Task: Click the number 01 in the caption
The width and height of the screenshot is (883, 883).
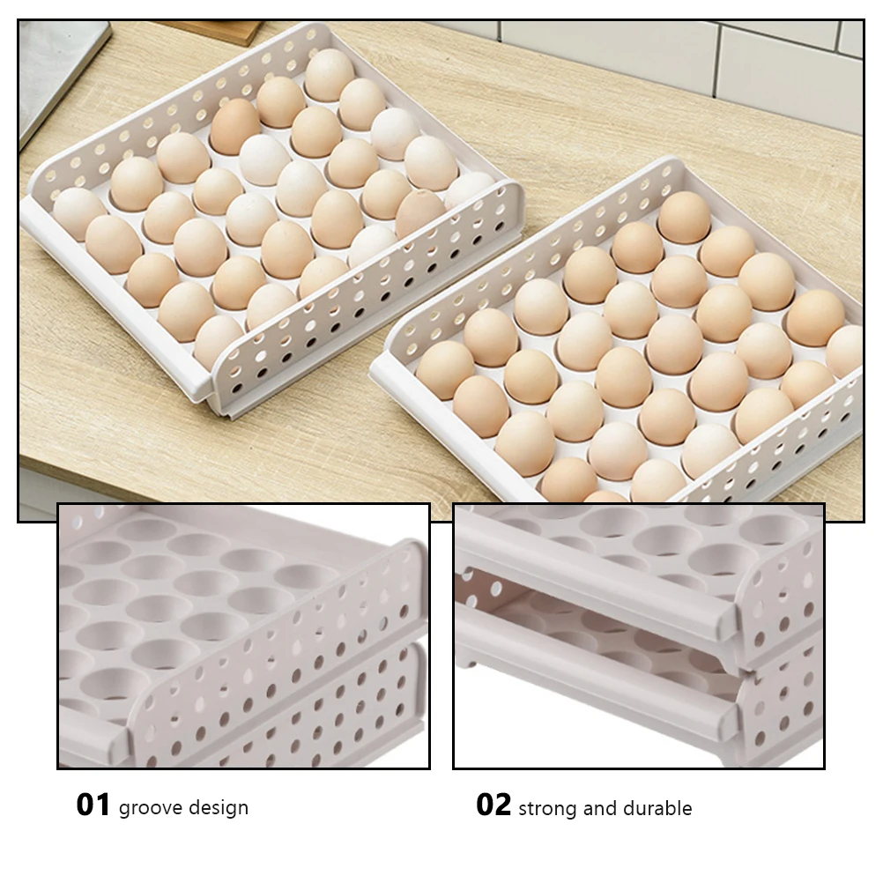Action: pos(93,805)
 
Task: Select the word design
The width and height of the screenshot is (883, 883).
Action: pos(220,808)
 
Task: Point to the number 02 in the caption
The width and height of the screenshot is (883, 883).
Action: pos(493,805)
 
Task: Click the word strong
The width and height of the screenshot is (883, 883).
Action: pos(546,808)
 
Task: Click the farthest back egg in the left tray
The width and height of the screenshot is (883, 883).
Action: pos(330,73)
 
